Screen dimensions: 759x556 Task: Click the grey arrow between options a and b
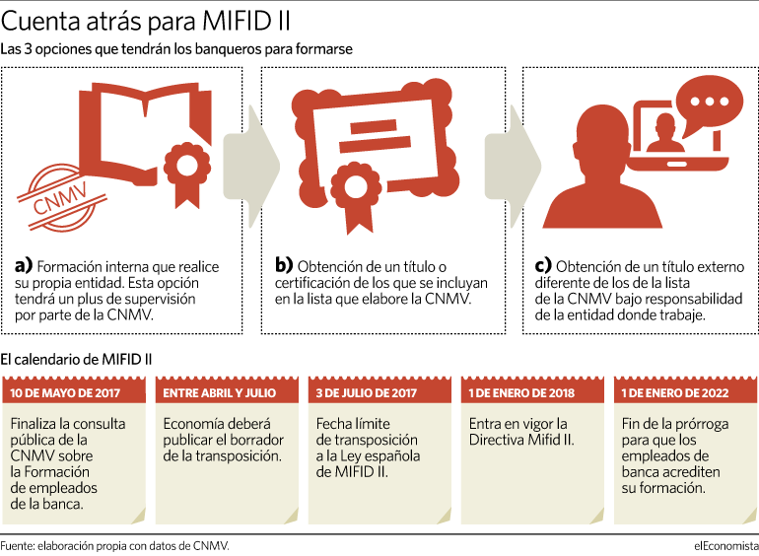point(251,167)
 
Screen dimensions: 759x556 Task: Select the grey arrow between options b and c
point(513,167)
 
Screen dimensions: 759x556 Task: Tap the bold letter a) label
point(24,265)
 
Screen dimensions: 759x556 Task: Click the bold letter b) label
point(284,265)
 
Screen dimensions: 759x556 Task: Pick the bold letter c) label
point(543,265)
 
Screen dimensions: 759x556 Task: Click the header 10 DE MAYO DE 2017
point(65,392)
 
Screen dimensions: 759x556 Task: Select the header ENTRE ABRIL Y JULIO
point(219,392)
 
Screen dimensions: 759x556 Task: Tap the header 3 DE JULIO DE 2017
point(366,392)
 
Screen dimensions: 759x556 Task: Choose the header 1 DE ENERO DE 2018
point(521,392)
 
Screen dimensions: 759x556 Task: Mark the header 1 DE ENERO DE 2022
point(675,392)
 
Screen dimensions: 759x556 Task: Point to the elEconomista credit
point(726,546)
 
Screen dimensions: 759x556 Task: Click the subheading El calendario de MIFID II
point(76,359)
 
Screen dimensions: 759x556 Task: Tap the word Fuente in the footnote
point(17,546)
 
